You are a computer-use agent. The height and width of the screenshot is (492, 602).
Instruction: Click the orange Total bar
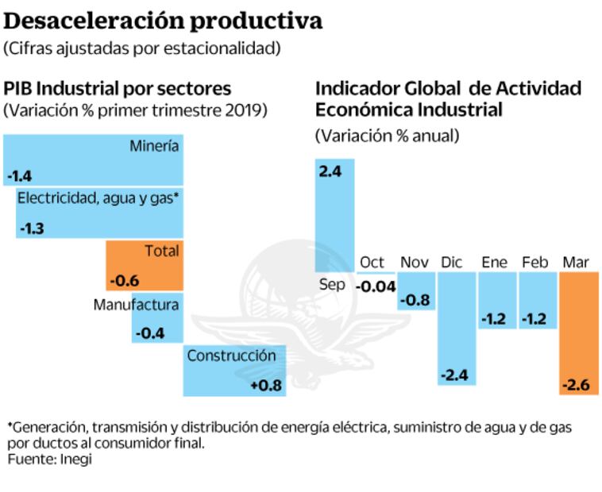tap(145, 265)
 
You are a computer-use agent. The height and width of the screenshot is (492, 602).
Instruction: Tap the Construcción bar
tap(234, 371)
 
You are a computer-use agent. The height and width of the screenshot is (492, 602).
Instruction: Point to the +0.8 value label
tap(265, 386)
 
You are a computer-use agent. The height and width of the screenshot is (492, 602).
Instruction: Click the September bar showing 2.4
tap(335, 214)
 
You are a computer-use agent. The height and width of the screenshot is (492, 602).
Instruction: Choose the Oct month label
tap(372, 262)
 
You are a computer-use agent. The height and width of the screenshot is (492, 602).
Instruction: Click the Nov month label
tap(415, 262)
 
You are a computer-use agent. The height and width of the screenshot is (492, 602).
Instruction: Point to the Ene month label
tap(494, 262)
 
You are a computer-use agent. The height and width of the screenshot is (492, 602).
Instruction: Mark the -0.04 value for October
tap(376, 286)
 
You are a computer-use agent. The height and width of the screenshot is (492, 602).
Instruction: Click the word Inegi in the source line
tap(75, 459)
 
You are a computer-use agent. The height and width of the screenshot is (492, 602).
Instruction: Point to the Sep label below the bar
tap(332, 284)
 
